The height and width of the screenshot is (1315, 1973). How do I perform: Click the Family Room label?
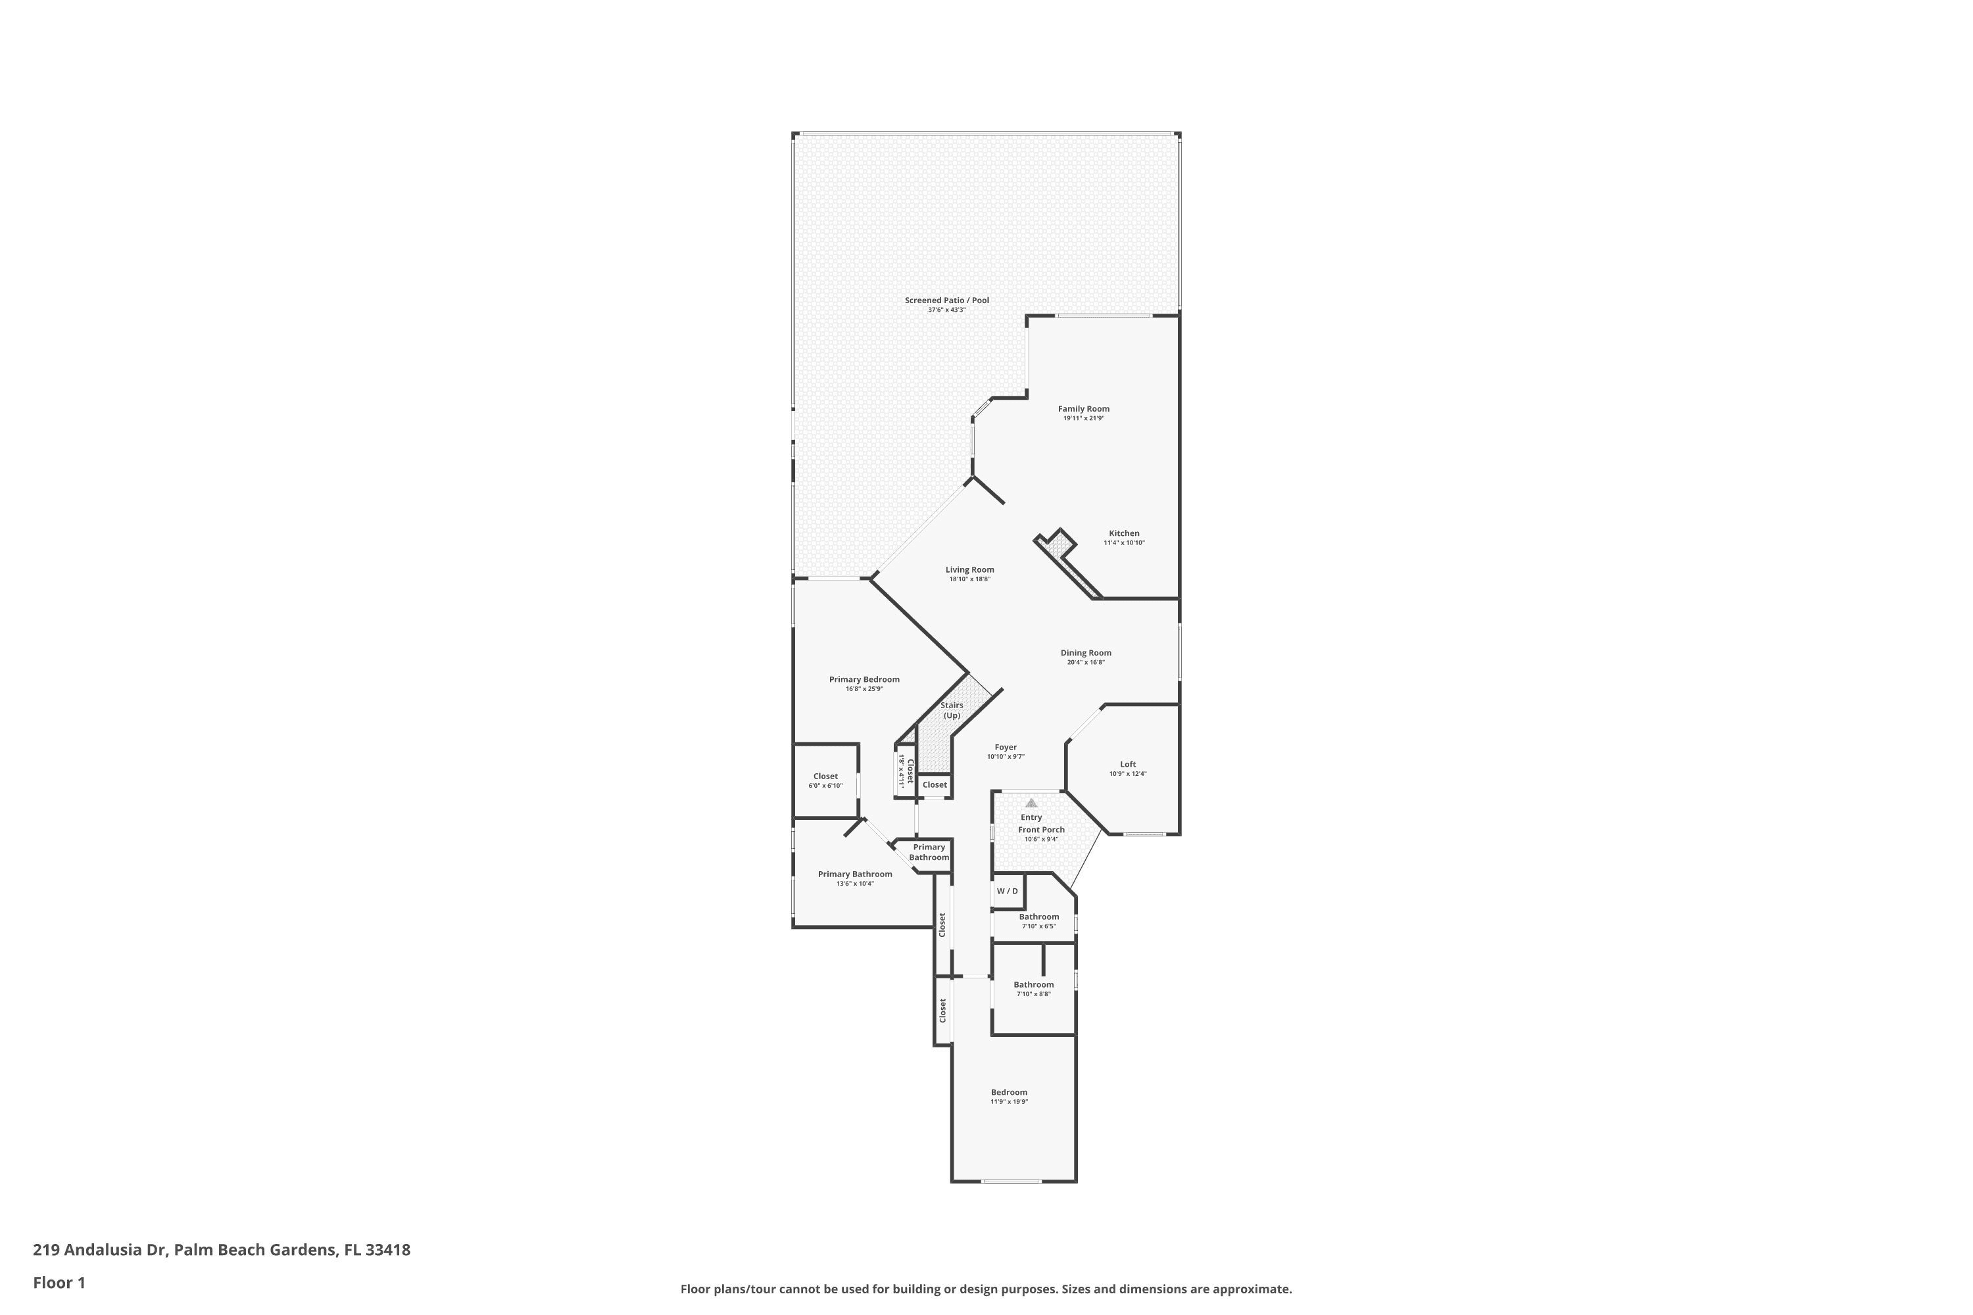[1083, 409]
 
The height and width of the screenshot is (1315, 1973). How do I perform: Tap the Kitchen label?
[1124, 533]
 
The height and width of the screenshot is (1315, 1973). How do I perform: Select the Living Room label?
[969, 569]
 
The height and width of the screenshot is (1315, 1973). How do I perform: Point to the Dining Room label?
[1086, 652]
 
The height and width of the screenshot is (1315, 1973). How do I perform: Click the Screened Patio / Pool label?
[946, 300]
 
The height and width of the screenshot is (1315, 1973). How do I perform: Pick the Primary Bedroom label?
[864, 679]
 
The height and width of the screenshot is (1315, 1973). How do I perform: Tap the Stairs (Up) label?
[951, 710]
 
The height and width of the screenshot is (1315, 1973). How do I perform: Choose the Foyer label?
[1006, 747]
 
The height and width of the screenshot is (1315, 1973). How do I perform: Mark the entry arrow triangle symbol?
[1031, 803]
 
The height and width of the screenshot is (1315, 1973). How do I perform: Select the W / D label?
[1008, 891]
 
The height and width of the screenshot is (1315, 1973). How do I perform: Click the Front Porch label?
[1041, 829]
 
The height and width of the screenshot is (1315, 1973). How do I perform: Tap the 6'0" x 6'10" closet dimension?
[825, 786]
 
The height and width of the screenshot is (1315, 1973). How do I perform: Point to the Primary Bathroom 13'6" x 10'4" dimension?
[855, 883]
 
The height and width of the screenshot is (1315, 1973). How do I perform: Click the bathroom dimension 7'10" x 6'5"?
[1038, 926]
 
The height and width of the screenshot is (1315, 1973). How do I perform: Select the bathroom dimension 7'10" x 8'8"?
[1033, 993]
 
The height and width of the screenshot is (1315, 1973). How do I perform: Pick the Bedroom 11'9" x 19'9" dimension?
[1009, 1101]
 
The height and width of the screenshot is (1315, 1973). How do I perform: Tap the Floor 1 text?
[59, 1282]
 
